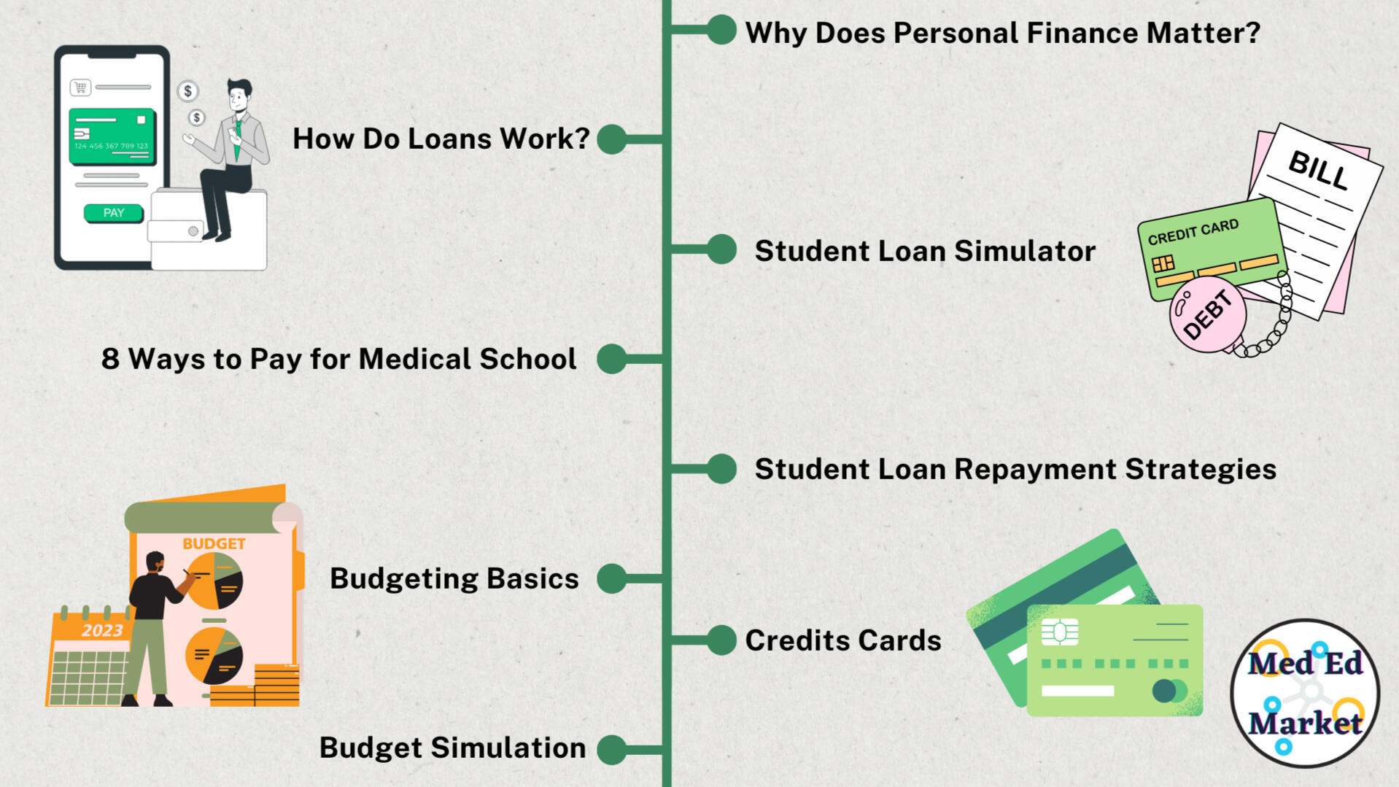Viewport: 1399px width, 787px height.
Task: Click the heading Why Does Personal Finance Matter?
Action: pos(1002,33)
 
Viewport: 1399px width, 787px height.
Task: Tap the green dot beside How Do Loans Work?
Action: pos(611,139)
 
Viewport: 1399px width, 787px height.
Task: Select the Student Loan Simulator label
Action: pos(925,251)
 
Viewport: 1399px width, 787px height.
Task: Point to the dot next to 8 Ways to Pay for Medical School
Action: pos(611,359)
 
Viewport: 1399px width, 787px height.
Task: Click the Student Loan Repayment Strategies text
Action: pos(1015,470)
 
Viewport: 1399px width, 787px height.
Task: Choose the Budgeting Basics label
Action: pos(454,578)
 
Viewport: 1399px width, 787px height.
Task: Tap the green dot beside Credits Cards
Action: pos(721,640)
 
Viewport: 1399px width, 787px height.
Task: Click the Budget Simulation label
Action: pos(452,748)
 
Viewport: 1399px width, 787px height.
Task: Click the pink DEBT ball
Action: pos(1208,314)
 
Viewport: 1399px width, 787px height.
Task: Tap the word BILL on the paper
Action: pos(1318,169)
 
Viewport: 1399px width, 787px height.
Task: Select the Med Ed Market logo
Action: pos(1305,693)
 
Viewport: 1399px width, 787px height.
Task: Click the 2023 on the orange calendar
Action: pos(102,630)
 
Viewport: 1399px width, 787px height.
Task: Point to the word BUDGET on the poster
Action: pos(214,543)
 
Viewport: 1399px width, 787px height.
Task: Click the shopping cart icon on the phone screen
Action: pos(80,88)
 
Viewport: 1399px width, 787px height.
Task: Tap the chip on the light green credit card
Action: pos(1060,632)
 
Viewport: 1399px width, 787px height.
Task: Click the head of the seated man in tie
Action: pos(239,93)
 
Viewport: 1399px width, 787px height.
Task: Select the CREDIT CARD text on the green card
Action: pos(1193,232)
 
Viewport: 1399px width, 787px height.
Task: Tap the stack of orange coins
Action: pos(276,686)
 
